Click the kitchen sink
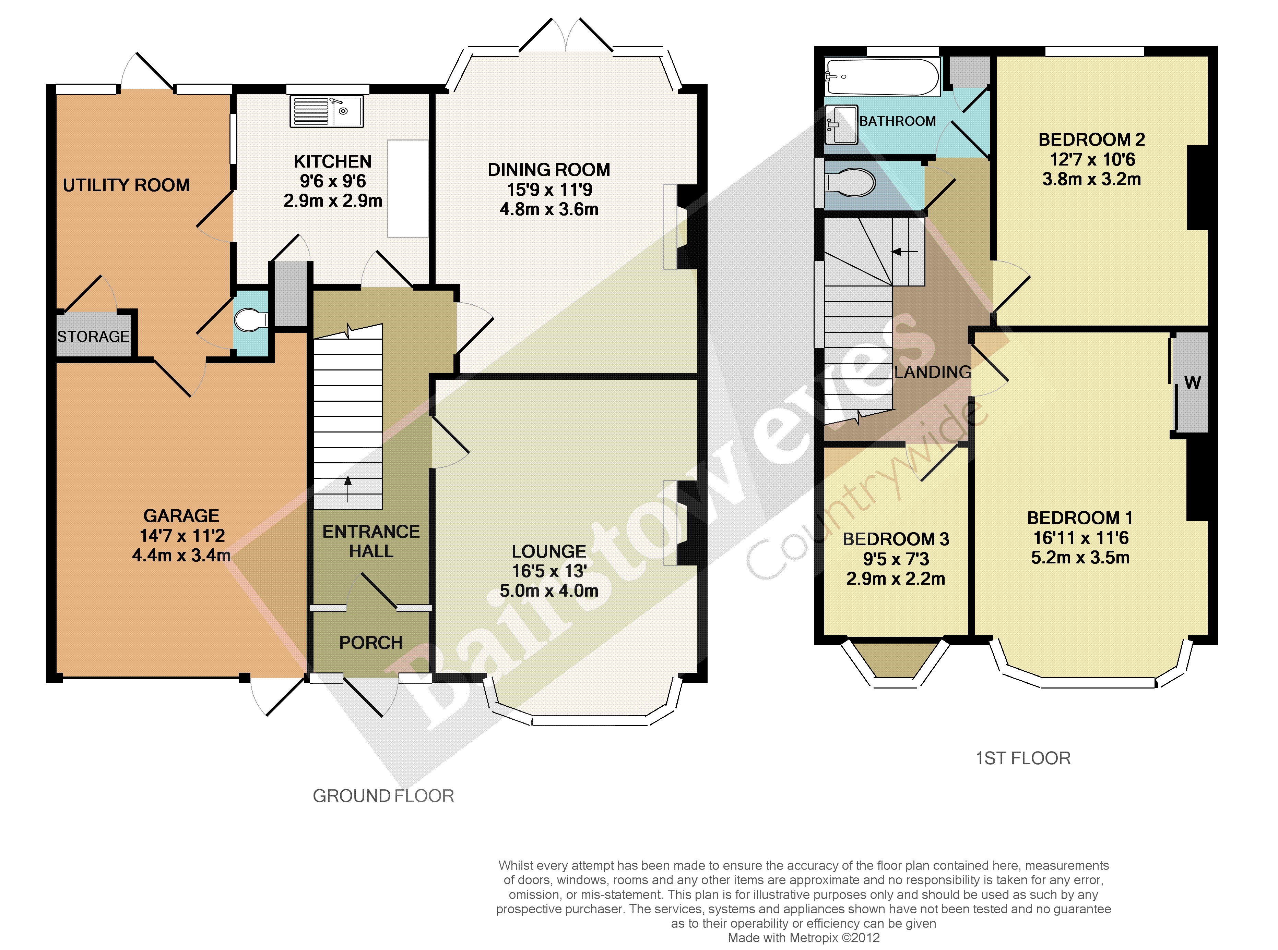pyautogui.click(x=326, y=111)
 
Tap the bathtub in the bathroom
pyautogui.click(x=882, y=76)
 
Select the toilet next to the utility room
pyautogui.click(x=251, y=320)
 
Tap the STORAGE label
pyautogui.click(x=93, y=337)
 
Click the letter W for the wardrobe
pyautogui.click(x=1192, y=383)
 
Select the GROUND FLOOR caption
pyautogui.click(x=383, y=796)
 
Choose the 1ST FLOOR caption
pyautogui.click(x=1023, y=758)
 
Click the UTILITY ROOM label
pyautogui.click(x=126, y=185)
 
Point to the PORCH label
pyautogui.click(x=371, y=642)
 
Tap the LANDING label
pyautogui.click(x=933, y=372)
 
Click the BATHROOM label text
pyautogui.click(x=898, y=121)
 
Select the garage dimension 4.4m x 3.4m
pyautogui.click(x=181, y=556)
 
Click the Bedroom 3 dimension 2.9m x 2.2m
pyautogui.click(x=895, y=578)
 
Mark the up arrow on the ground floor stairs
pyautogui.click(x=347, y=489)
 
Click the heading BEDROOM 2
pyautogui.click(x=1091, y=140)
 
